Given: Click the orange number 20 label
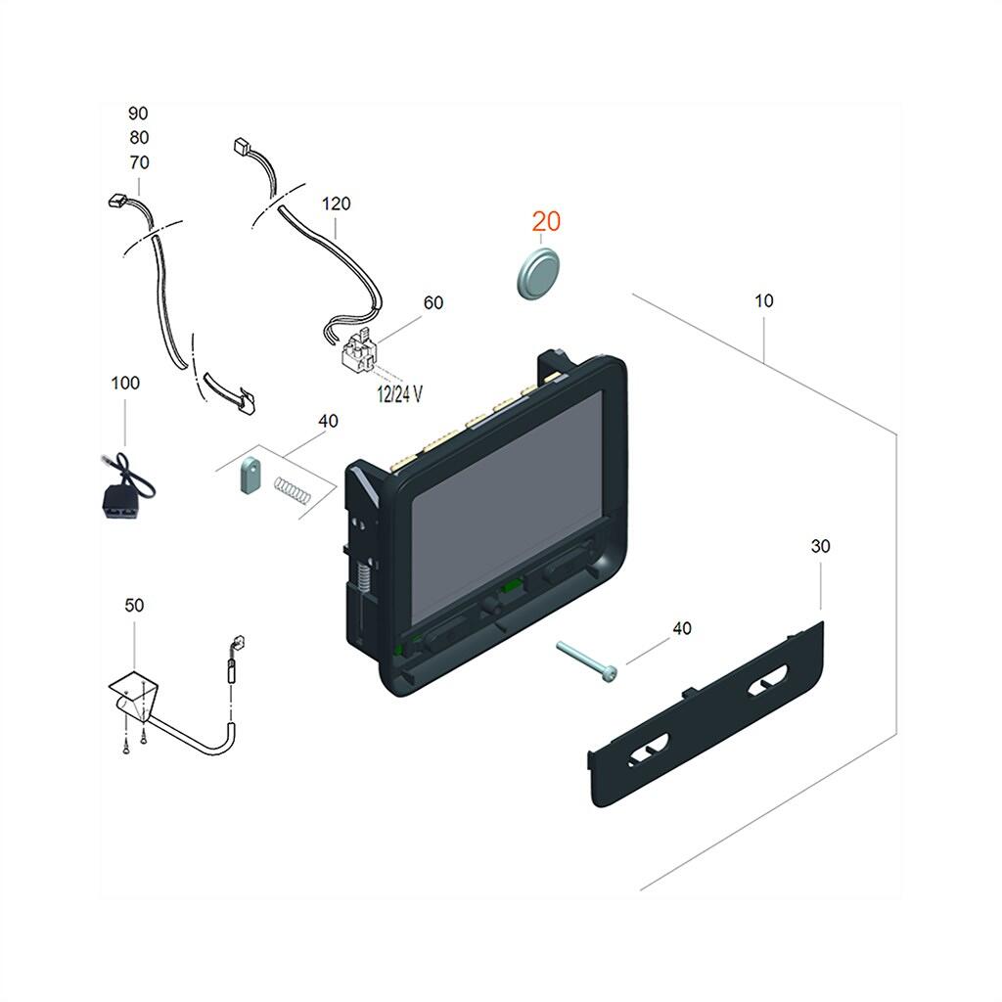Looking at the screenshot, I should pos(547,222).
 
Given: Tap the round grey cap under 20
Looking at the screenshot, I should pos(537,272).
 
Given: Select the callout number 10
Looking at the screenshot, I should pos(763,301).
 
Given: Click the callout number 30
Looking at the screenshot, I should pos(820,546).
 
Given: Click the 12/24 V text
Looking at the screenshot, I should pos(399,393).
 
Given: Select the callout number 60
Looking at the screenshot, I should pos(433,302).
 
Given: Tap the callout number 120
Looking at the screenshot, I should pos(336,205).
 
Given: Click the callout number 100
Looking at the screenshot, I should pos(124,383).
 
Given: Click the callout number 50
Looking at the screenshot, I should pos(134,606).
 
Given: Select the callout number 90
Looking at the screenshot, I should pos(138,114).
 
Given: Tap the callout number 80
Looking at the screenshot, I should pos(138,138).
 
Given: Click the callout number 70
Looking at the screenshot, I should pos(138,162).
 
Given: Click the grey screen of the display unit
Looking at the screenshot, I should pos(509,499).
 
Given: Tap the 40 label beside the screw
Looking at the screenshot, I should pos(681,628).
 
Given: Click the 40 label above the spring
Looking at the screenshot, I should pos(328,421).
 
